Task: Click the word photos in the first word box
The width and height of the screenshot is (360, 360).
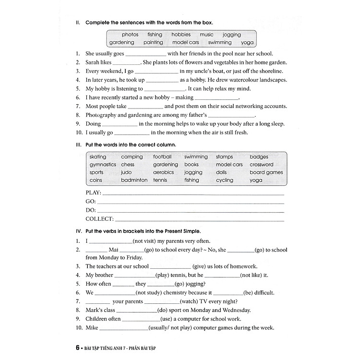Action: (130, 35)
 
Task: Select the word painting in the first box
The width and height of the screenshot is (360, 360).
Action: (153, 42)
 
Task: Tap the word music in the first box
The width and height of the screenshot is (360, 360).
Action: (206, 35)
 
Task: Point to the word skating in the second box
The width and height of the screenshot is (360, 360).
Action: (98, 157)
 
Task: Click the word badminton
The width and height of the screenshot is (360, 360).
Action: (134, 180)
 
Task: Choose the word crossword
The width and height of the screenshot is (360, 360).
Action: (261, 165)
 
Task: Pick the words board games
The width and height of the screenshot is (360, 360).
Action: (266, 172)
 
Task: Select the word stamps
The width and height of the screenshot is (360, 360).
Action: (224, 157)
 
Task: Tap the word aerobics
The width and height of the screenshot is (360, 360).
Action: (163, 172)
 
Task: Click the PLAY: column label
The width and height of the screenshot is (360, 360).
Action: (93, 193)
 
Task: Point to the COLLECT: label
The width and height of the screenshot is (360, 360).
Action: (99, 219)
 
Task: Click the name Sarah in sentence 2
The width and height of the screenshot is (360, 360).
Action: (93, 62)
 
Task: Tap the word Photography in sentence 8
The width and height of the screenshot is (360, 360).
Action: (101, 115)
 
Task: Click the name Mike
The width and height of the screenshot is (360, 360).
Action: (91, 328)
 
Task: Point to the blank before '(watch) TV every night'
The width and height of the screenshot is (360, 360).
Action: (161, 301)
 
